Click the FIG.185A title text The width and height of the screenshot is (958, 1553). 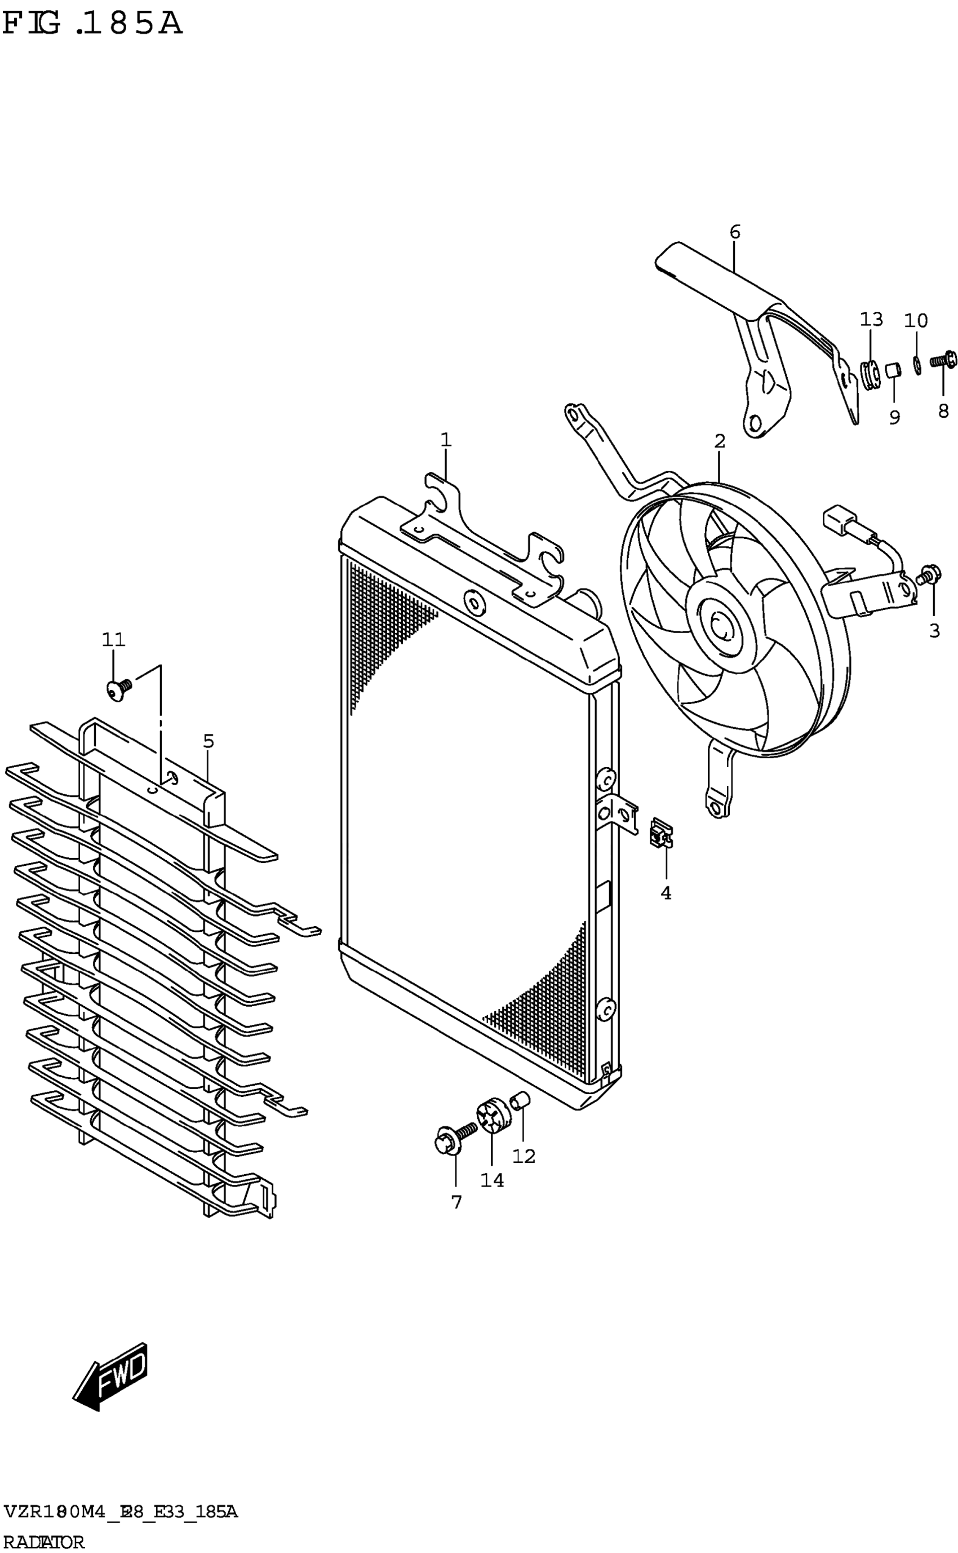click(x=92, y=25)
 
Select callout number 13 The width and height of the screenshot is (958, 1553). click(x=871, y=320)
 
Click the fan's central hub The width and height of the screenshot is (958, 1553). click(x=722, y=627)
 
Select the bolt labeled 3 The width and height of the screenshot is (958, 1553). click(x=928, y=574)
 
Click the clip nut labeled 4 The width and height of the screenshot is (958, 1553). click(x=662, y=834)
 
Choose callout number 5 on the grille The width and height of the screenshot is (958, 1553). click(x=209, y=741)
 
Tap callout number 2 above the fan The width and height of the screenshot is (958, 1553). click(x=719, y=441)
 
